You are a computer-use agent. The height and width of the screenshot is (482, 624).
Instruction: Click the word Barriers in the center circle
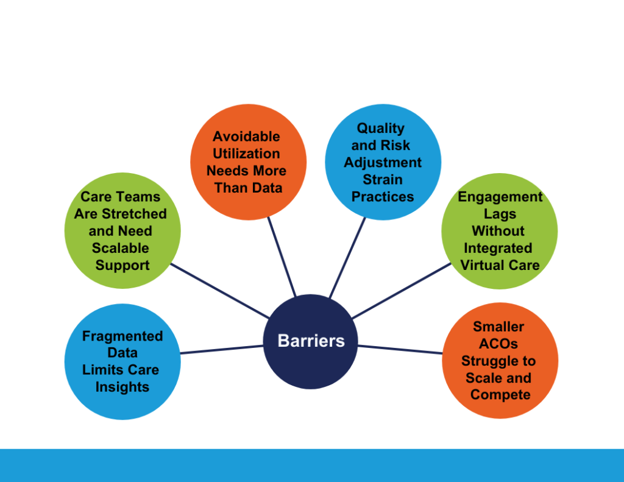(311, 341)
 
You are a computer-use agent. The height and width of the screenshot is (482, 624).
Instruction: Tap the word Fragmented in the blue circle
(122, 336)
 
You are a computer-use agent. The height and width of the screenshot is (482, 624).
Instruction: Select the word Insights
(122, 387)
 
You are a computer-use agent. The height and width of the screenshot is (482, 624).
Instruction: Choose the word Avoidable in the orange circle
(246, 136)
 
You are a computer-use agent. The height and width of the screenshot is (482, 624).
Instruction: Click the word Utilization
(246, 153)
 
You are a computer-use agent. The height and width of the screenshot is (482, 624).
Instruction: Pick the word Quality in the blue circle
(381, 128)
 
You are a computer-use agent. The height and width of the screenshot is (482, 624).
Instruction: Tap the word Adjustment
(383, 163)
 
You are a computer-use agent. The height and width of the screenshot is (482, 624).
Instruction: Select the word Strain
(383, 180)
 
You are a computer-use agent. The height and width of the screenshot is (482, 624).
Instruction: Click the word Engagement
(500, 197)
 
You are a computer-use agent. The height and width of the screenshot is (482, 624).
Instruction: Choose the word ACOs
(498, 343)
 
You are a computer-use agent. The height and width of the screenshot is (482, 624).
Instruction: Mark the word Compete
(500, 394)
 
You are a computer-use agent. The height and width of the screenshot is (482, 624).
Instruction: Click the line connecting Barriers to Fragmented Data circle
(222, 350)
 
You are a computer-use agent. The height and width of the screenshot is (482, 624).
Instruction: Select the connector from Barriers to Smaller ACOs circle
(400, 349)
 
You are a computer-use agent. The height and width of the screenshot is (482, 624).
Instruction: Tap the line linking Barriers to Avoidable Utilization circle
(282, 257)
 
